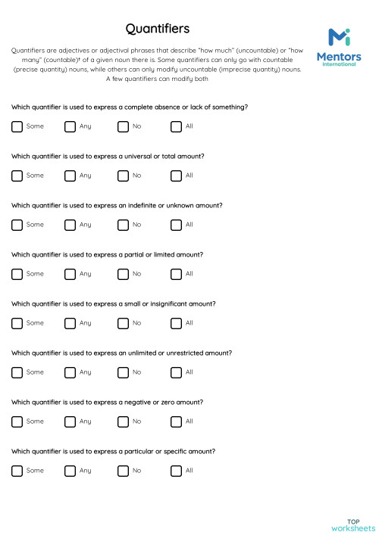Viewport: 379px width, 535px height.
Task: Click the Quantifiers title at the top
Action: (158, 29)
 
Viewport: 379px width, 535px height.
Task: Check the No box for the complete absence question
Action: (123, 126)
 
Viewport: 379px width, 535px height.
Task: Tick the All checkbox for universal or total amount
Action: (176, 176)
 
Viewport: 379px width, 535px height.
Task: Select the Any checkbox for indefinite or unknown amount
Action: (70, 225)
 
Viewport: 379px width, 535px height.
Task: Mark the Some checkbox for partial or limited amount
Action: (17, 274)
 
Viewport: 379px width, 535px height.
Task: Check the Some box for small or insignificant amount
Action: (17, 323)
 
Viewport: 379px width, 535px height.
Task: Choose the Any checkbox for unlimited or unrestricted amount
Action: (70, 372)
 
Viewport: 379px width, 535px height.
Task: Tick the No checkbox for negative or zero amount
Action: (123, 421)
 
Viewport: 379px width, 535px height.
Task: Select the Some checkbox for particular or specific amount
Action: (17, 471)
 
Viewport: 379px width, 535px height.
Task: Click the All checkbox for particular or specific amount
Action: (176, 471)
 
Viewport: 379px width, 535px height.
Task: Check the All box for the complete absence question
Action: (176, 126)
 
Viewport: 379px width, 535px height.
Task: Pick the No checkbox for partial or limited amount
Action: (123, 274)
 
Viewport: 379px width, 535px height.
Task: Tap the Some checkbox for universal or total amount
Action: (17, 176)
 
